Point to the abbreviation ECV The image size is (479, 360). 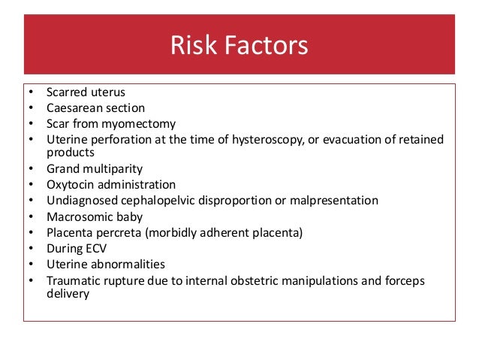pos(101,249)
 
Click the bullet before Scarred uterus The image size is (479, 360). pos(30,93)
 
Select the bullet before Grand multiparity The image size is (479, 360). pos(30,170)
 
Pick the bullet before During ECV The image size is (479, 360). pos(30,249)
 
